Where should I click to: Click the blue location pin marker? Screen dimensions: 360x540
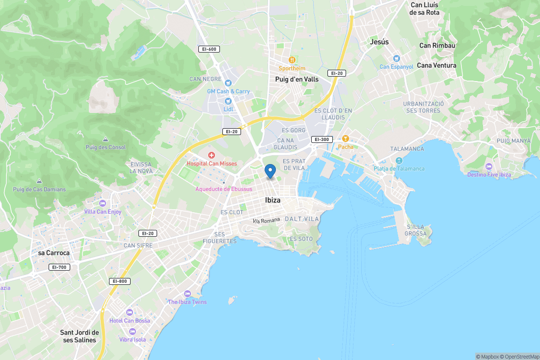click(270, 171)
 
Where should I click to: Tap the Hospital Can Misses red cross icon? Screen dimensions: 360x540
click(212, 155)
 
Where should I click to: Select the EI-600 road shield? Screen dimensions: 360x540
click(209, 49)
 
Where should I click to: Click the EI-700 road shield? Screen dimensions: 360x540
click(59, 267)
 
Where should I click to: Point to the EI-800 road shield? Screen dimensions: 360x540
click(120, 281)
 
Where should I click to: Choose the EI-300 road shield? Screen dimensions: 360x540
click(322, 139)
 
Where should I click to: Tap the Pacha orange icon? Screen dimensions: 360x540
click(345, 138)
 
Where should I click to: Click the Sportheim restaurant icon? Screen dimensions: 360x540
click(292, 60)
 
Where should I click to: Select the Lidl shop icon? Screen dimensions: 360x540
click(228, 101)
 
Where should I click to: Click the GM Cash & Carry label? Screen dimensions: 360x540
click(228, 91)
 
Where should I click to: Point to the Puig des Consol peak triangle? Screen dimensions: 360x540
click(106, 139)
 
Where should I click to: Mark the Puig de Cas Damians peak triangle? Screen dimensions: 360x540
click(39, 181)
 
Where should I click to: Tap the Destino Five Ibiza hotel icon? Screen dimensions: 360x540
click(488, 166)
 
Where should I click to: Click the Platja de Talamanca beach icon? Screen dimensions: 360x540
click(398, 161)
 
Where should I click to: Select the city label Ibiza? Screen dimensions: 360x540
click(272, 200)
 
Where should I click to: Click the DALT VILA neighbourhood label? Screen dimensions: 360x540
click(302, 219)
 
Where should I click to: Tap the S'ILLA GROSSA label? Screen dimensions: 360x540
click(416, 230)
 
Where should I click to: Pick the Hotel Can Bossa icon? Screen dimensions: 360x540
click(130, 312)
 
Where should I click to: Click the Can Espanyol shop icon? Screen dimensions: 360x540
click(397, 58)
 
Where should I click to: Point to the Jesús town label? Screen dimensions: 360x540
click(379, 42)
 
